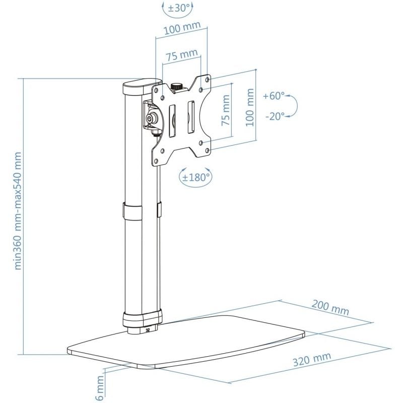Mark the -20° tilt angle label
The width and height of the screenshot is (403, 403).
tap(275, 116)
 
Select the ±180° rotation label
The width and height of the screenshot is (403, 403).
tap(196, 177)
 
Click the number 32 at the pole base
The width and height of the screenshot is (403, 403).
tap(148, 331)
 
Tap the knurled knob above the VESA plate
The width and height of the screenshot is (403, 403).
tap(177, 87)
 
